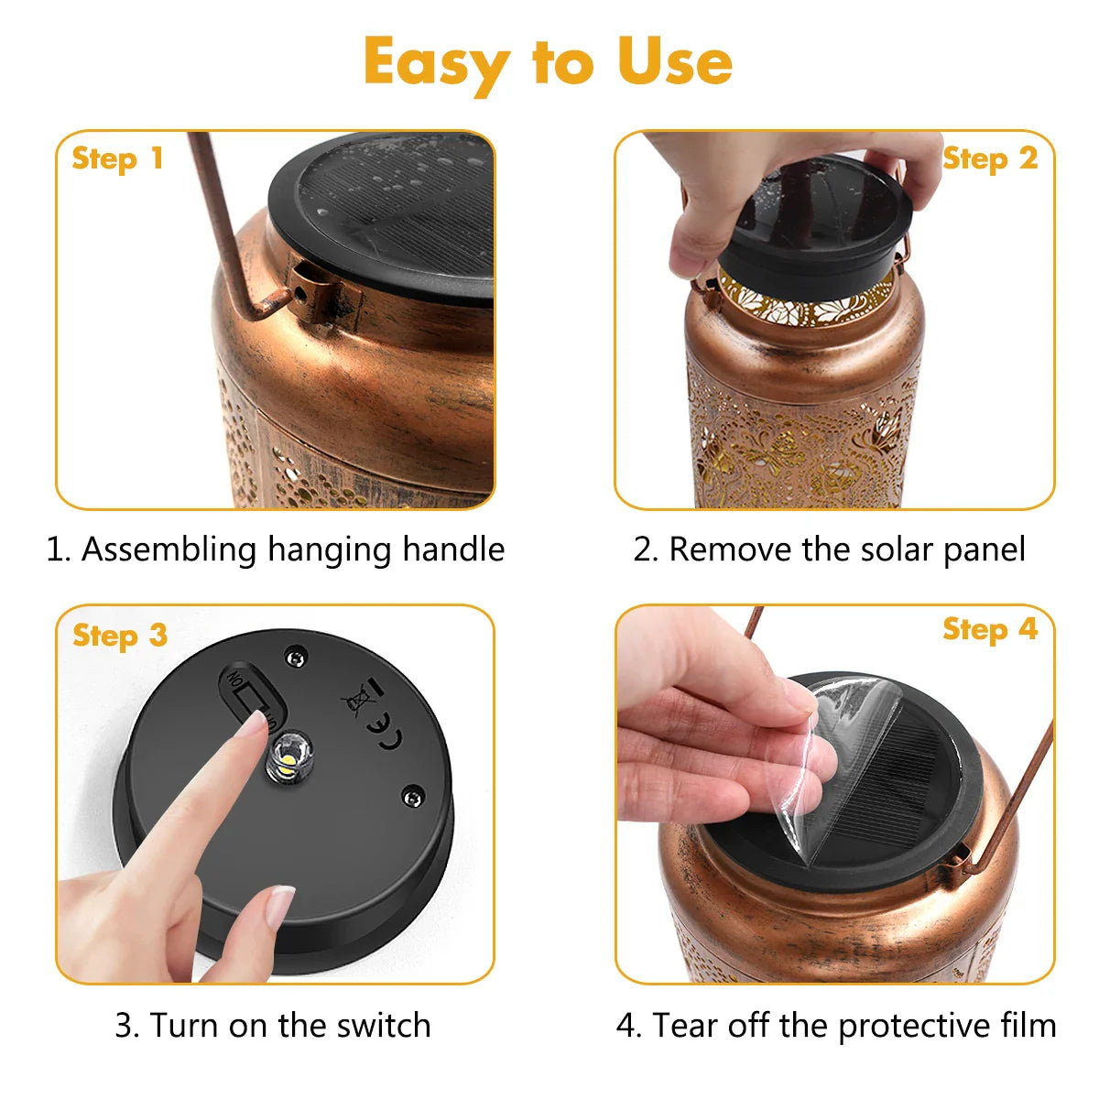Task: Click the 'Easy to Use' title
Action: [x=548, y=62]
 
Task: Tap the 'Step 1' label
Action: [x=117, y=158]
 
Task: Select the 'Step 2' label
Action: [x=989, y=158]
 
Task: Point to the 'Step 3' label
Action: [x=119, y=635]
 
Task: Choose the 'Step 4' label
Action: [x=989, y=629]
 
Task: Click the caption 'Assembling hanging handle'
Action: [x=275, y=549]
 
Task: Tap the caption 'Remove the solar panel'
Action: [x=829, y=549]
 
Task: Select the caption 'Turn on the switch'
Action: [x=272, y=1025]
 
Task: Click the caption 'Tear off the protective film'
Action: [x=835, y=1025]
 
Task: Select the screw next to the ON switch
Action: [x=294, y=656]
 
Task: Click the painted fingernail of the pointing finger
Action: [x=253, y=725]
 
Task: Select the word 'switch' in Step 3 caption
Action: [x=383, y=1025]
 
